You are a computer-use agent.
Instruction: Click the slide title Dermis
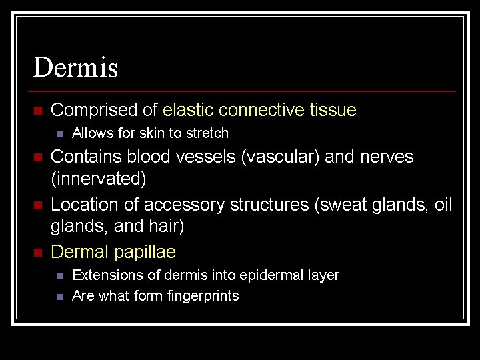coord(75,67)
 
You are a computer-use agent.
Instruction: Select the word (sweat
coord(340,204)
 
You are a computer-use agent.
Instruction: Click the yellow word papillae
coord(145,252)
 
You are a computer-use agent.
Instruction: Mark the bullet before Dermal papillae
coord(37,253)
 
